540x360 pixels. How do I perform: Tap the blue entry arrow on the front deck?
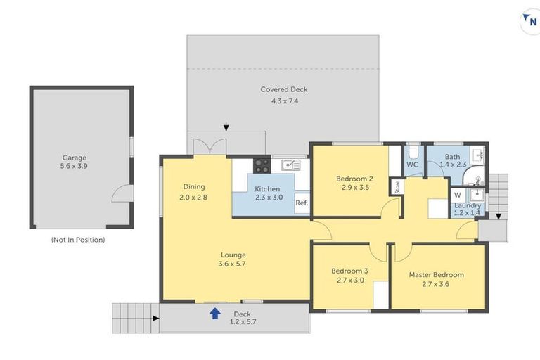[214, 313]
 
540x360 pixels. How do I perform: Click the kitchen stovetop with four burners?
[261, 165]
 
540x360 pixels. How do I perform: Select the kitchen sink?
[290, 165]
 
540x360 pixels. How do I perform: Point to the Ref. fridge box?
[302, 203]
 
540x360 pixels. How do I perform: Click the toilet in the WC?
[413, 153]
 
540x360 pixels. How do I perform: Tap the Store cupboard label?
[397, 187]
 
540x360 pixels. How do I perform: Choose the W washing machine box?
[457, 195]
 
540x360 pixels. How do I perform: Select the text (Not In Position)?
[77, 240]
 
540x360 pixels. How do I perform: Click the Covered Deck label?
[283, 90]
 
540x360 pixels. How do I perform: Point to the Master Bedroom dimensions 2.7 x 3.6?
[436, 284]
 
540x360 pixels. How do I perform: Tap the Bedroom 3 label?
[349, 271]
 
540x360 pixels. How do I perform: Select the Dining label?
[194, 186]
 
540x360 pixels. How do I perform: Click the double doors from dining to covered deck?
[210, 146]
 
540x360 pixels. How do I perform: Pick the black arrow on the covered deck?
[226, 128]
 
